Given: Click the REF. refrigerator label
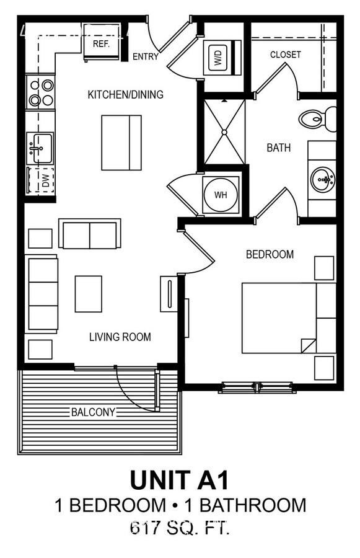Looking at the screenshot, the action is coord(101,44).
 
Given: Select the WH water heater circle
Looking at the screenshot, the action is coord(221,195).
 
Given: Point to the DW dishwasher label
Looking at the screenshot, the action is coord(45,181).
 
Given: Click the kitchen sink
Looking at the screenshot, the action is coord(40,148).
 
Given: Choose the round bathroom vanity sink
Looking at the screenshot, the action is coord(323,179).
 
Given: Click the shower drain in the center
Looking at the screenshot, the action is coord(224,132).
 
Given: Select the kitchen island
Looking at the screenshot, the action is coord(121,143).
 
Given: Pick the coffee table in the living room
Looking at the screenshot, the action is coord(89,294).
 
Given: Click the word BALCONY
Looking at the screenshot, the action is coord(93,412).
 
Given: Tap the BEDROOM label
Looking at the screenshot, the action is coord(270,254).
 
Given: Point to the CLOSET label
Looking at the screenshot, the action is coord(285,55).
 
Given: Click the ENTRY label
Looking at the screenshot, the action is coord(146,56).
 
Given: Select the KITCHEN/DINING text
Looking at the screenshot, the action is coord(126,94).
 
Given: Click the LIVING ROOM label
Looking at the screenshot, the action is coord(120,337).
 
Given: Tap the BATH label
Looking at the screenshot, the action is coord(279,148).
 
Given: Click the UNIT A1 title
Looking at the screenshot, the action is coord(179,480).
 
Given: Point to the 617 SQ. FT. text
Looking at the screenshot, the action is coord(180,528).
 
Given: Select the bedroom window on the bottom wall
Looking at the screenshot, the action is coord(257,387).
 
